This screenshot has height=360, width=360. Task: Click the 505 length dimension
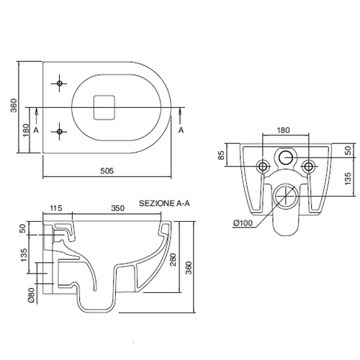(107, 171)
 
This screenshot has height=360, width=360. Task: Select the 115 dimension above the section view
(56, 208)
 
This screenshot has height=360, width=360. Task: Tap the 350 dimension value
(117, 208)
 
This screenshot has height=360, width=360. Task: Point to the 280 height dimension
(173, 260)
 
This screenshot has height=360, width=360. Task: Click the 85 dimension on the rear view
(221, 155)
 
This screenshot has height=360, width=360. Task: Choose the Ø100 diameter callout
(243, 223)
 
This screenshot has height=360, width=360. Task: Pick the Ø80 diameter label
(32, 295)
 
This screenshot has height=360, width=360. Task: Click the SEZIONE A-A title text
(164, 203)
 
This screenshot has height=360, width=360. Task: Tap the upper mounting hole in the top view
(60, 84)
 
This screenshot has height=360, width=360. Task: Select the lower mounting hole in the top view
(60, 132)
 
